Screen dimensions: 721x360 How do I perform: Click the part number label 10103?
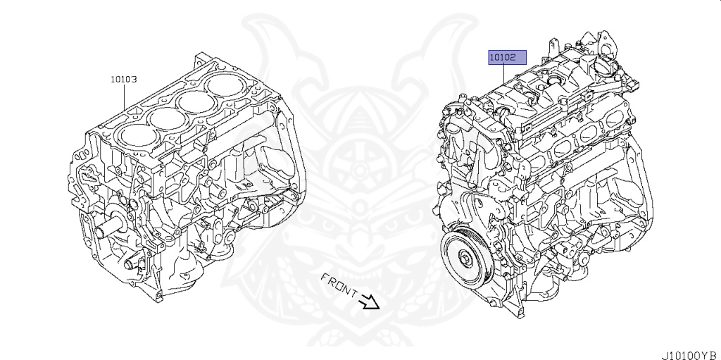124,79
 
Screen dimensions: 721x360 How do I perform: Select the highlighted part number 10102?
507,58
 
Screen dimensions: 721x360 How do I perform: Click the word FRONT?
339,285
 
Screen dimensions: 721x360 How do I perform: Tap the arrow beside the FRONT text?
370,302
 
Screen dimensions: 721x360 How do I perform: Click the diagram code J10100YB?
690,355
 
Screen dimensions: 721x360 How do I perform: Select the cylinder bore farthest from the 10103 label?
225,86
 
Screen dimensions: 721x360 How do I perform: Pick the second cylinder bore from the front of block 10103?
168,119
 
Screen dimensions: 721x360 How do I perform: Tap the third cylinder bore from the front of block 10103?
197,101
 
